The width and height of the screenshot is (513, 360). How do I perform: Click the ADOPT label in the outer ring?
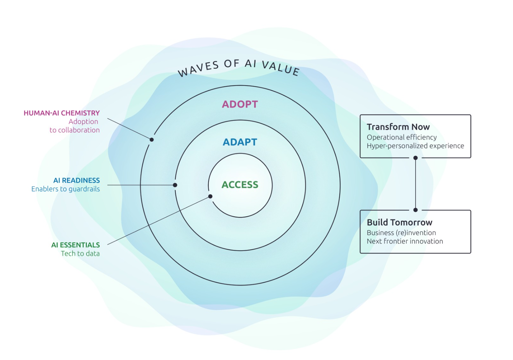click(240, 104)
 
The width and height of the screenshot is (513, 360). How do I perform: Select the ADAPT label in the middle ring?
click(240, 142)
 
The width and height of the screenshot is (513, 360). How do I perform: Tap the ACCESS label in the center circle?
click(240, 185)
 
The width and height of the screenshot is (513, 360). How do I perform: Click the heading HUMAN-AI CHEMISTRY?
click(62, 113)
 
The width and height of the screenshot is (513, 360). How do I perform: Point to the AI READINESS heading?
click(77, 181)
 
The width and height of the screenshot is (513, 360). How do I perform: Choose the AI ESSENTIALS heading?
click(76, 245)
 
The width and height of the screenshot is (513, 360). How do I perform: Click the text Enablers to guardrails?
click(66, 189)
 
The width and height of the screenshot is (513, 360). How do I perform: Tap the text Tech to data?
click(80, 253)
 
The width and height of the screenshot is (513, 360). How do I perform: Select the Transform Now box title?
click(398, 127)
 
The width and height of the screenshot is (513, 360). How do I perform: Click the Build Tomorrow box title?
click(400, 222)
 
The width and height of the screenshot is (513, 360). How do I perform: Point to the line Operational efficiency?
click(402, 137)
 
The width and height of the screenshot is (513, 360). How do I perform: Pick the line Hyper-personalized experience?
click(415, 146)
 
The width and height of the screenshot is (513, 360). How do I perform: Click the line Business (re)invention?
click(401, 233)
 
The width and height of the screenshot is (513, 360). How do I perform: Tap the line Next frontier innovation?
click(405, 241)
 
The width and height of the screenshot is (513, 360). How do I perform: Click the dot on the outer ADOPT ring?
click(152, 140)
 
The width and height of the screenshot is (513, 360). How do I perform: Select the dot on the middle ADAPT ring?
click(175, 185)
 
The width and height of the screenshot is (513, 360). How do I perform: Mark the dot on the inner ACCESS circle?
click(210, 197)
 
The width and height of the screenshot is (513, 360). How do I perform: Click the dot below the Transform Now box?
click(416, 158)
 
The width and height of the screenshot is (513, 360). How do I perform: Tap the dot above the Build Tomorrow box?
click(416, 210)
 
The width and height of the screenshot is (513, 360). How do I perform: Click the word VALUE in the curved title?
click(281, 67)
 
